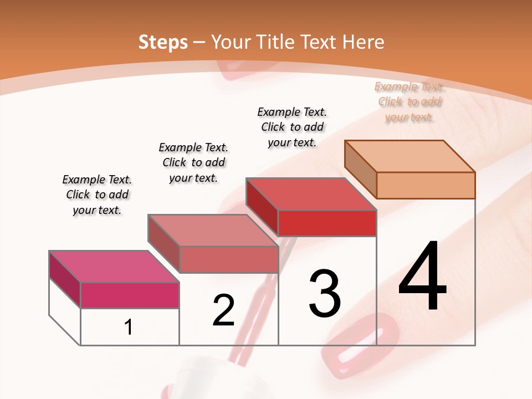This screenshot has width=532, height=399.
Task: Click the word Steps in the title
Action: point(163,42)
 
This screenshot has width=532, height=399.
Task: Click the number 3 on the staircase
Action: point(324,294)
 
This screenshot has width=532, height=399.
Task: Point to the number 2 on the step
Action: point(223,310)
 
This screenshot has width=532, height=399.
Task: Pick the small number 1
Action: point(129,328)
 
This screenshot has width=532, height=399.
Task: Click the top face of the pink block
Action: point(114,267)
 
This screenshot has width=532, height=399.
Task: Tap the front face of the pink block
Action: point(130,295)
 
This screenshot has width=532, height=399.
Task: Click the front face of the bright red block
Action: point(327,223)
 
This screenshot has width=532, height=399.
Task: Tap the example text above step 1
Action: point(97,195)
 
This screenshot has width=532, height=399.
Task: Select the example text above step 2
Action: point(193,163)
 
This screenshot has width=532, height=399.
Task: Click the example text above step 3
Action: point(292,127)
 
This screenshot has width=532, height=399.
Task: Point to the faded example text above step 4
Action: point(409,102)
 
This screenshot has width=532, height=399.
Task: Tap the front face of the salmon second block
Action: point(228,259)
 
